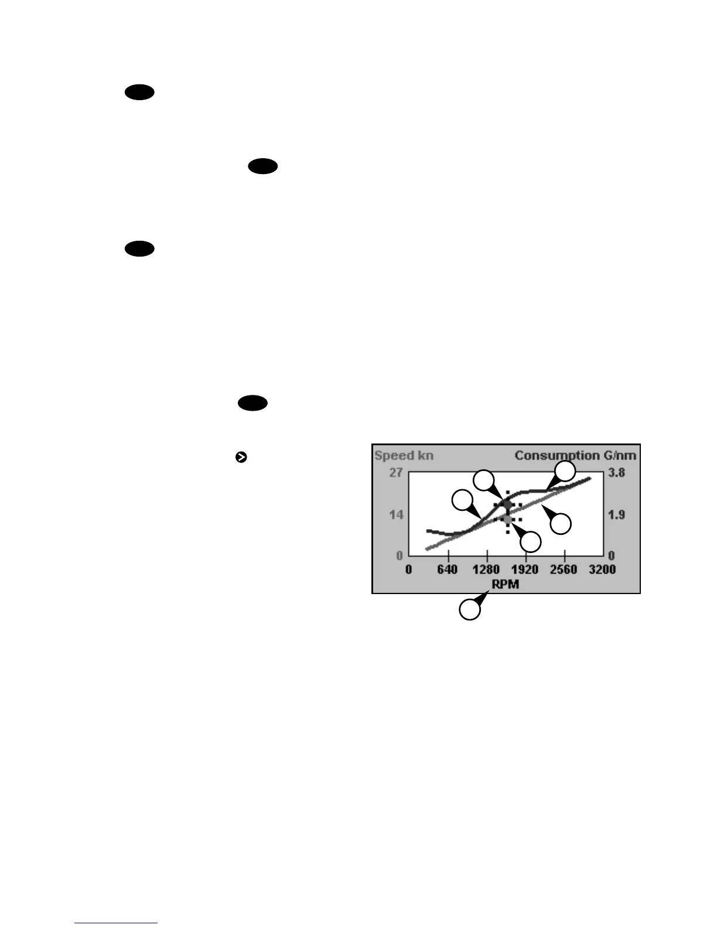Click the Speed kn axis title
[404, 456]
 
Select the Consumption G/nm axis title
[575, 455]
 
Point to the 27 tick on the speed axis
[396, 472]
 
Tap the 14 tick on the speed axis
[397, 515]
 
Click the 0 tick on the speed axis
[400, 555]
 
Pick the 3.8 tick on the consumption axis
[616, 472]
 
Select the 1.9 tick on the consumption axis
[616, 515]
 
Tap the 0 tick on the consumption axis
[611, 555]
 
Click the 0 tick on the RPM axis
[408, 569]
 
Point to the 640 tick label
[448, 569]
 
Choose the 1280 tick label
[487, 569]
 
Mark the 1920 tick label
[525, 569]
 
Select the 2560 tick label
[564, 569]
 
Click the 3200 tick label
[602, 569]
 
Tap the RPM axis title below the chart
[505, 584]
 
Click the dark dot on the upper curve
[507, 504]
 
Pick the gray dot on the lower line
[507, 518]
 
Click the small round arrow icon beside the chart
[240, 458]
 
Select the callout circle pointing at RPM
[470, 609]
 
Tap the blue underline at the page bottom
[117, 923]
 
